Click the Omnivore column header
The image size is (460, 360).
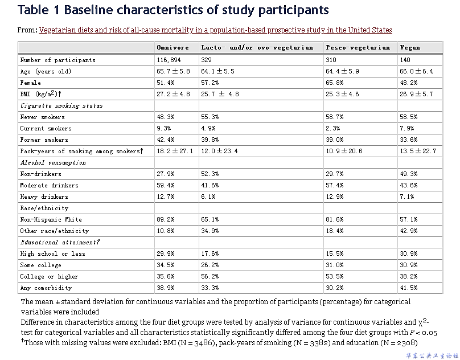coord(172,48)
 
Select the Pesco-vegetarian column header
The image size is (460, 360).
coord(358,48)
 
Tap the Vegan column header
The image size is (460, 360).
coord(410,48)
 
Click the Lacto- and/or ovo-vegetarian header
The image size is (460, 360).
coord(257,48)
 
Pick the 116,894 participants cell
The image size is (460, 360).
coord(169,60)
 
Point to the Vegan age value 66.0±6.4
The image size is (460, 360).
coord(416,71)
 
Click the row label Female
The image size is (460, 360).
coord(31,83)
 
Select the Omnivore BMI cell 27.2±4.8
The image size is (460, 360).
coord(173,94)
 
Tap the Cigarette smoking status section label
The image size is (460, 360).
coord(61,105)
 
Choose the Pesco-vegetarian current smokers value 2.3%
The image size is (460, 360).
coord(333,128)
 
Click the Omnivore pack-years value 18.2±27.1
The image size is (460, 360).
coord(175,151)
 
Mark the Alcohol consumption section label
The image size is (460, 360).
coord(53,162)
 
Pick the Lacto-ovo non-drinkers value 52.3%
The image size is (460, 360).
coord(210,174)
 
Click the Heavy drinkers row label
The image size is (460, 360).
coord(44,197)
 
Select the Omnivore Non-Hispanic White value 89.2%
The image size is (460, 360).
coord(166,219)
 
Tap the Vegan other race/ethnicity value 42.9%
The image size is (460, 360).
coord(409,231)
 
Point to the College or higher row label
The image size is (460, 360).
coord(49,276)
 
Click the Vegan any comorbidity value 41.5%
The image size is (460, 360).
coord(409,288)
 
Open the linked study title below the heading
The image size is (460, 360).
coord(215,30)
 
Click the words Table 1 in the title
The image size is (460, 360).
coord(39,10)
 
